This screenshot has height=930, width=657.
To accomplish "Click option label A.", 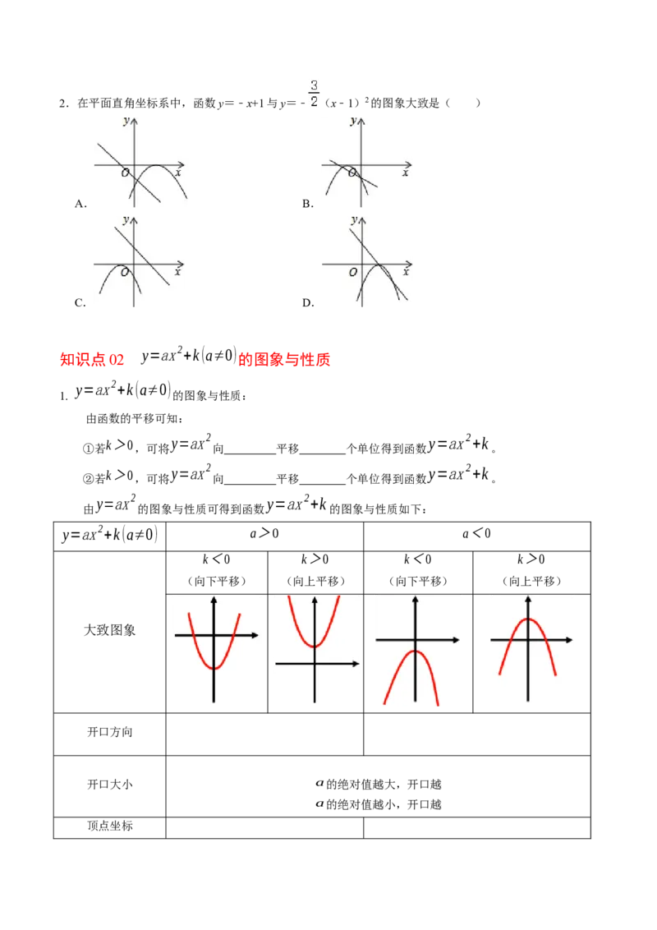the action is [x=80, y=204].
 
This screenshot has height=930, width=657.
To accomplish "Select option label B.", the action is [x=308, y=204].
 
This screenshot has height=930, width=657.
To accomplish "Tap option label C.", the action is [x=80, y=303].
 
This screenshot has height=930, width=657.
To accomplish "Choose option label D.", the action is [x=308, y=303].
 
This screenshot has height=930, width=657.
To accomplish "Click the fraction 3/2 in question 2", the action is [x=314, y=94].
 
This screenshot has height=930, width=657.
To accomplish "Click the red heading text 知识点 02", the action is [x=92, y=359].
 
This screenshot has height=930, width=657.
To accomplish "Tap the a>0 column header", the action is [x=264, y=534].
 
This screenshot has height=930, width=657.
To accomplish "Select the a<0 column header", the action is [x=477, y=534].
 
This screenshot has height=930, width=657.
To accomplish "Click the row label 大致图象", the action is [x=110, y=630].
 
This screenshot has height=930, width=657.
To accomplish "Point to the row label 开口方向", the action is [x=110, y=732].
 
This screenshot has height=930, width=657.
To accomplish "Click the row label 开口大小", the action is [x=110, y=784].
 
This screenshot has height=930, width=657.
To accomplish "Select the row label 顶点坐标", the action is [x=110, y=826].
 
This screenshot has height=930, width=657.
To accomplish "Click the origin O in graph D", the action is [x=353, y=272].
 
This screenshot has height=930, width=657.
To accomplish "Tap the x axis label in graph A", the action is [x=178, y=173].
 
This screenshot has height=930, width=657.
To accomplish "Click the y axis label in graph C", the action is [x=126, y=220].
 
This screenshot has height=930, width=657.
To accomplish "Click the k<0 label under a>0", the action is [x=217, y=559].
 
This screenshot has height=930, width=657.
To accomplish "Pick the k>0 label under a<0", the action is [x=531, y=559].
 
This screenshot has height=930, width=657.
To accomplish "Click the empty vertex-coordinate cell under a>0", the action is [x=264, y=827].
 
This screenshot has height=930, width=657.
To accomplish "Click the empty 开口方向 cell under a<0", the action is [x=477, y=734].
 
